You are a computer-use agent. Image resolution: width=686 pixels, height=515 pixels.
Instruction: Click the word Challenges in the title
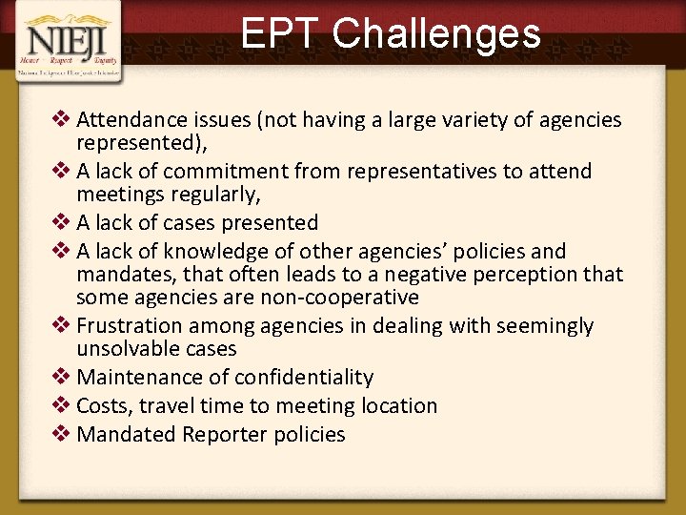436,33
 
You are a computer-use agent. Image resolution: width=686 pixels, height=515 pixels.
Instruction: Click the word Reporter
227,435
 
